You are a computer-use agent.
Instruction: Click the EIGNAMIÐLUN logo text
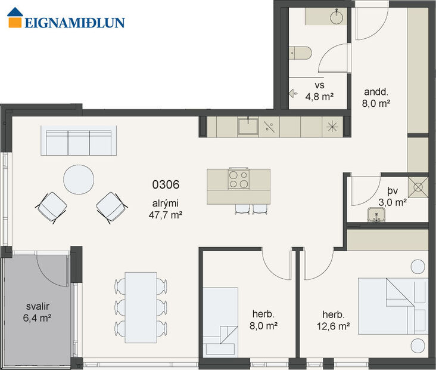point(74,23)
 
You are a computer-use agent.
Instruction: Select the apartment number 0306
point(165,185)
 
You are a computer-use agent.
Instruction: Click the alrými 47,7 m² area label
point(165,206)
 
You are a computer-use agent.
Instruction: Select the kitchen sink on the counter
point(248,126)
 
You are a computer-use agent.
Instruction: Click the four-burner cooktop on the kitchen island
point(238,180)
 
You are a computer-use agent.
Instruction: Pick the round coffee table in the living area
point(79,179)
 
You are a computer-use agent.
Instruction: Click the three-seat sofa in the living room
point(79,141)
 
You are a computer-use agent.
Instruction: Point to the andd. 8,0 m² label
point(377,97)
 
